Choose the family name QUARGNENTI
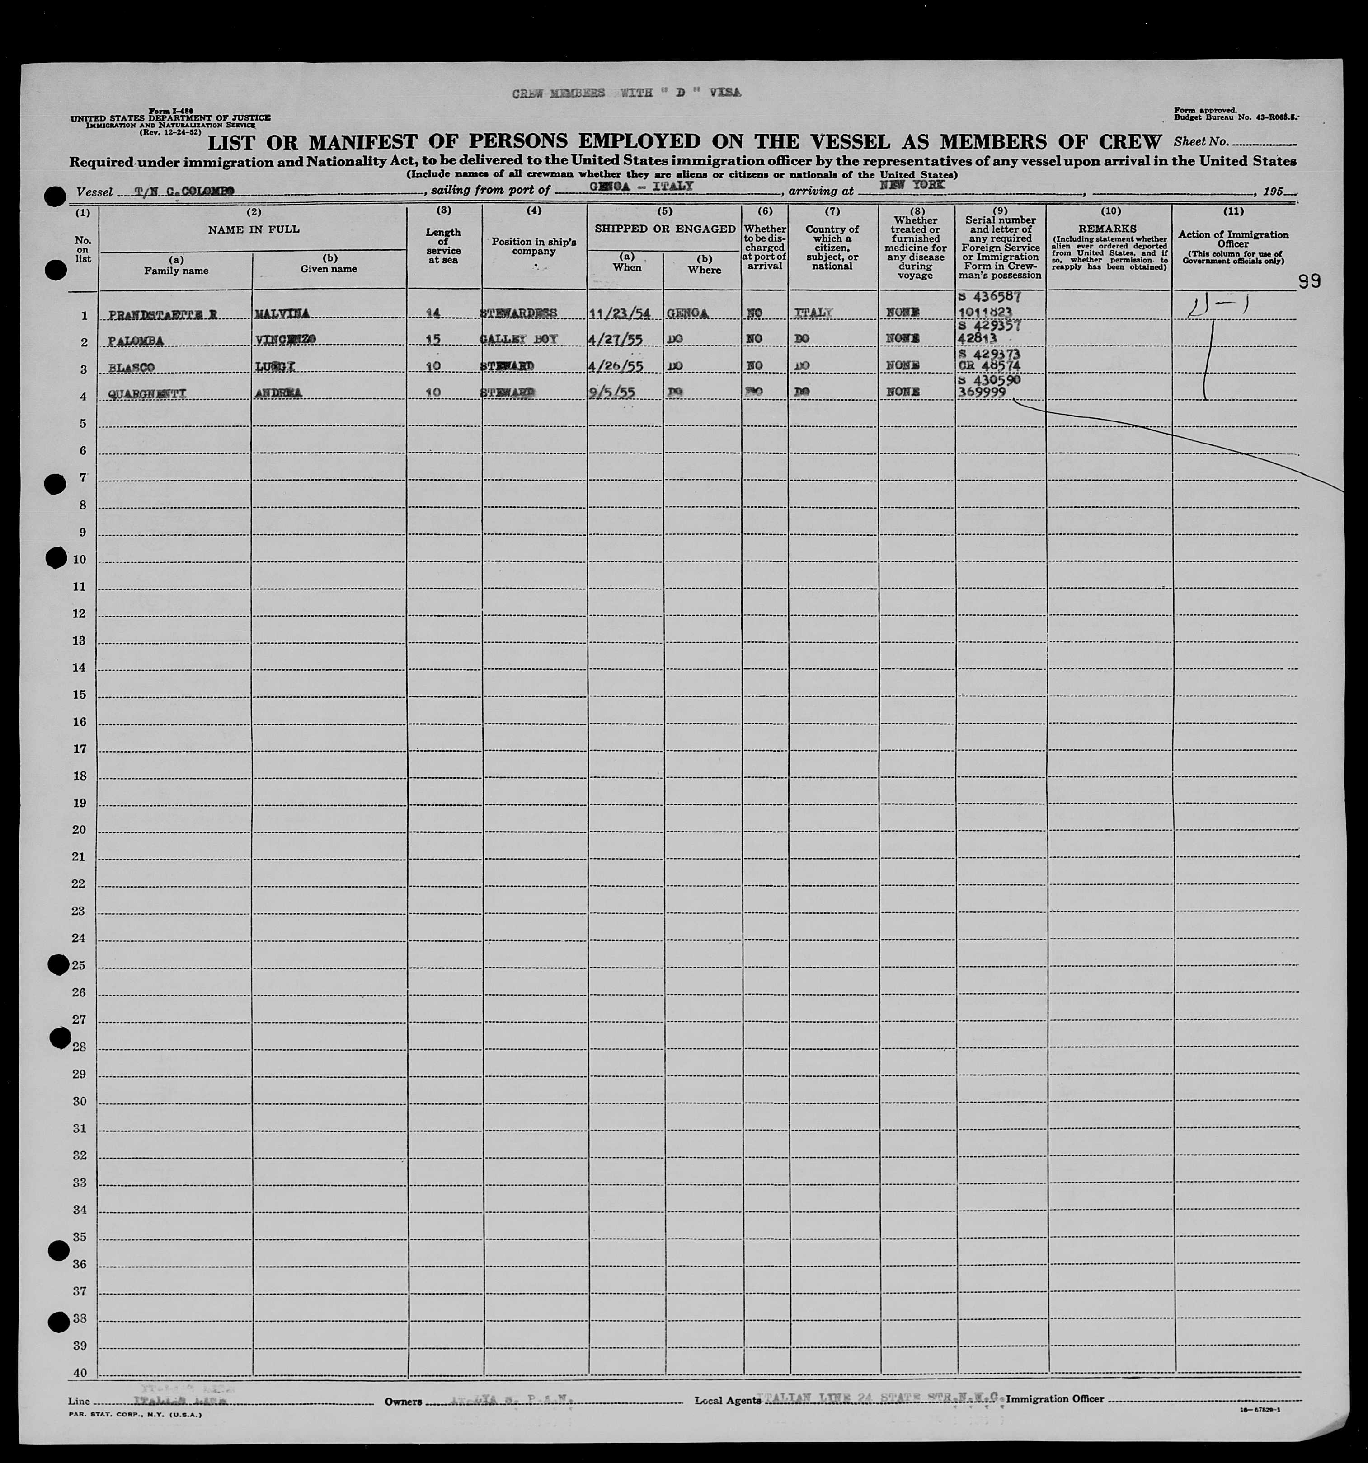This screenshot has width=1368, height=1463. coord(146,394)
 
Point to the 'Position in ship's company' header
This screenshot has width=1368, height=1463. coord(534,247)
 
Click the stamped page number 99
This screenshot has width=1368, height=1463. coord(1310,282)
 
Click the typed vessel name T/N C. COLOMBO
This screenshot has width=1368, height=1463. coord(184,192)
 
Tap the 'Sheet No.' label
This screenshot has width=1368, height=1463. coord(1201,142)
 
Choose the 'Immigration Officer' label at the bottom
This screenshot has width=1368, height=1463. coord(1054,1398)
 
